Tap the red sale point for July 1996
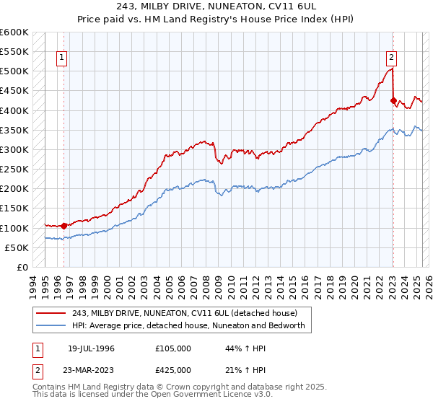[64, 226]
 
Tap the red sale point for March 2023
[393, 101]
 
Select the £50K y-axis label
[17, 247]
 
